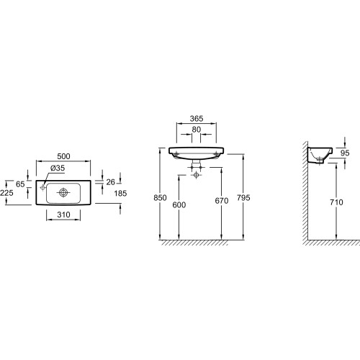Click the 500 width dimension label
click(x=63, y=156)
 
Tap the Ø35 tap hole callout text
click(x=58, y=168)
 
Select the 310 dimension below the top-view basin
click(x=63, y=215)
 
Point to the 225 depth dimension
click(x=6, y=193)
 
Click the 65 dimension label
click(x=20, y=184)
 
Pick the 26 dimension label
click(x=111, y=182)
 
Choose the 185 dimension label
click(x=120, y=193)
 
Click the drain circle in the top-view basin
click(x=63, y=192)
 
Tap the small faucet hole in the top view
click(x=43, y=187)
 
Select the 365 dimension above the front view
click(x=197, y=119)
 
